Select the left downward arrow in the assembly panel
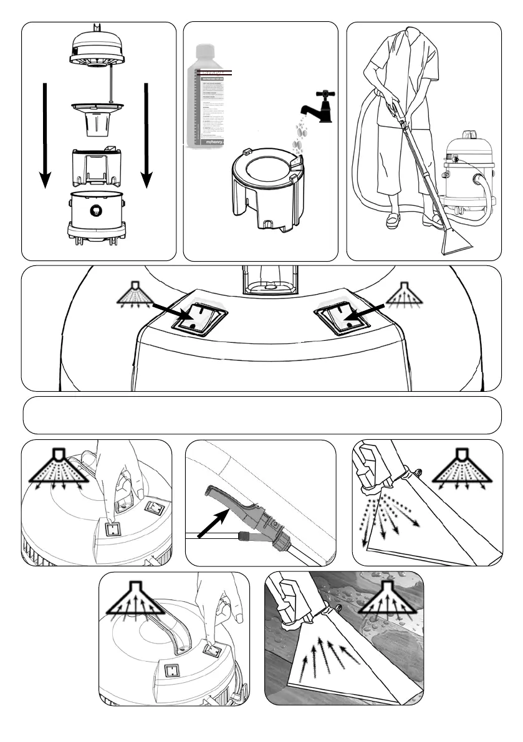click(44, 134)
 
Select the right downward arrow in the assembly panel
click(146, 134)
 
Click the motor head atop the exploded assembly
click(99, 49)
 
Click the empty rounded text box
click(262, 415)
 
